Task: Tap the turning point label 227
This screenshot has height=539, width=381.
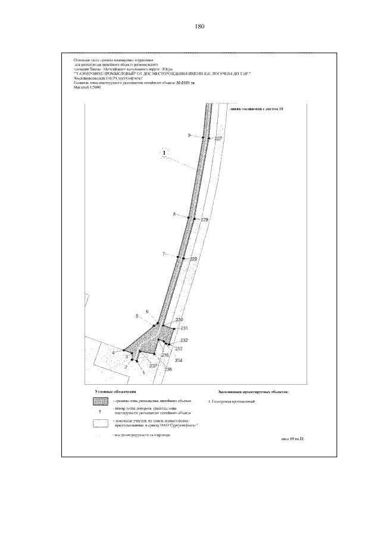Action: [x=218, y=138]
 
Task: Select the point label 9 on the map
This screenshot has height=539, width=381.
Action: [x=189, y=136]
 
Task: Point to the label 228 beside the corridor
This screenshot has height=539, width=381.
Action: [x=205, y=220]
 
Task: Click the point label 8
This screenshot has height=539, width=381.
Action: [x=174, y=214]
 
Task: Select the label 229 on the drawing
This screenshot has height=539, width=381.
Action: [x=193, y=259]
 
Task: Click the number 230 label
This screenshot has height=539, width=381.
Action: [x=179, y=321]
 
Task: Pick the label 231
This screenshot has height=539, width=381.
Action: [x=185, y=328]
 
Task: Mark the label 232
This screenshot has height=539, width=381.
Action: [x=184, y=340]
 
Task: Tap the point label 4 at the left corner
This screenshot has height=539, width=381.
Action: [x=113, y=353]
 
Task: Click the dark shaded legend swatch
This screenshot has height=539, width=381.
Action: [x=101, y=403]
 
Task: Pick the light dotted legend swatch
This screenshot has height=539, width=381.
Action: [x=101, y=423]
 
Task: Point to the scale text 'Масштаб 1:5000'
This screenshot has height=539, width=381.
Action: [x=88, y=88]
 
